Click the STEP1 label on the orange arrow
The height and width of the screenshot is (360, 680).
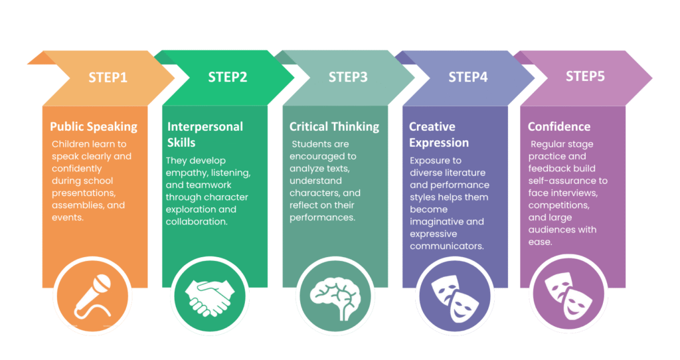(x=108, y=77)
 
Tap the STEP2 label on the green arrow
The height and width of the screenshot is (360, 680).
(x=228, y=77)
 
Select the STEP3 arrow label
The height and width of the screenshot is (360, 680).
(x=348, y=77)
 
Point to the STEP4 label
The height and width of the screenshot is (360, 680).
(x=468, y=77)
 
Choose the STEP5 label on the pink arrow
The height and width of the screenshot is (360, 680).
(x=585, y=76)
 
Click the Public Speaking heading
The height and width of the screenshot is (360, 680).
(x=94, y=127)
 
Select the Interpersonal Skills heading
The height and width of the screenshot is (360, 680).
(x=205, y=134)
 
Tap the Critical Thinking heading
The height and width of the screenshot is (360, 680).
(x=335, y=127)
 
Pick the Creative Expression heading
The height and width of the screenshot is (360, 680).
(x=439, y=134)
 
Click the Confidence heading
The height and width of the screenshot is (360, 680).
(x=559, y=127)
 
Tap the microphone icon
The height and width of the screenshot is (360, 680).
(x=93, y=296)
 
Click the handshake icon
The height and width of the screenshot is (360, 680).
(x=210, y=298)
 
